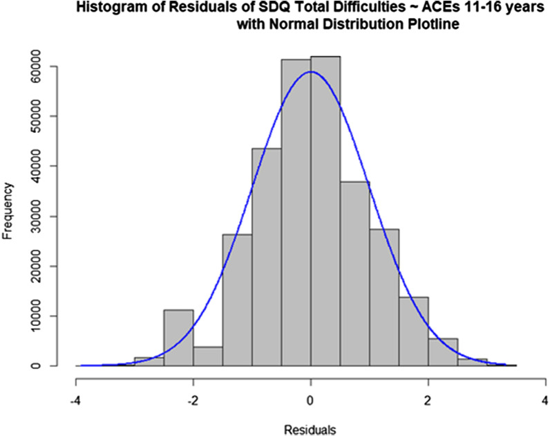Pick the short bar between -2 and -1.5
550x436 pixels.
tap(207, 356)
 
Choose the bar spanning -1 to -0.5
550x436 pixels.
tap(266, 257)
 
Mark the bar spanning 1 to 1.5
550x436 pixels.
tap(384, 298)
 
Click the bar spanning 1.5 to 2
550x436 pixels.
tap(413, 331)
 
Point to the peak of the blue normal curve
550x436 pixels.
tap(311, 71)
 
